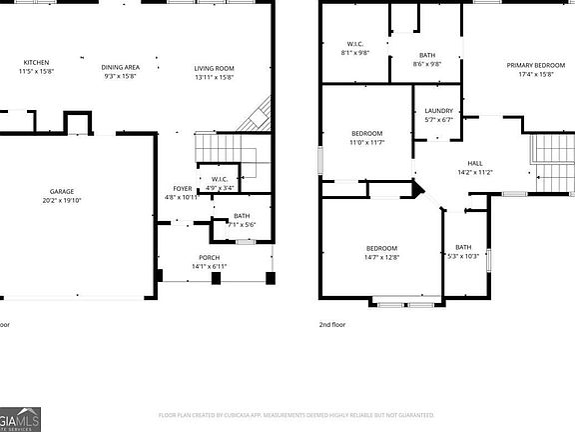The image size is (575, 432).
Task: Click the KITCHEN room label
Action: (x=36, y=62)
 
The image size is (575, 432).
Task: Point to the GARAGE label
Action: (x=62, y=191)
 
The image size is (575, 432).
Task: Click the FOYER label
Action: (x=182, y=187)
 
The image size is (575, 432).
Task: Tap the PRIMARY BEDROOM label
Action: (x=542, y=65)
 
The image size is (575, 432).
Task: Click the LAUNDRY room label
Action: (x=439, y=111)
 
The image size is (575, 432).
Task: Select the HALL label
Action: (x=474, y=163)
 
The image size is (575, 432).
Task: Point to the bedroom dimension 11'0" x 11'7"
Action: (x=366, y=142)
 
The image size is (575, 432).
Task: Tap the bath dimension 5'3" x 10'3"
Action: (x=463, y=256)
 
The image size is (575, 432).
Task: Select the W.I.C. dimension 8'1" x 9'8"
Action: (x=355, y=52)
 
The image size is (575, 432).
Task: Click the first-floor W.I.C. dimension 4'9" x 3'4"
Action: (x=220, y=187)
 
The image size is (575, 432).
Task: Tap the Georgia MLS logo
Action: (x=20, y=418)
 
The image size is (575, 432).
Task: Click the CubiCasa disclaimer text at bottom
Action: (x=295, y=414)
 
